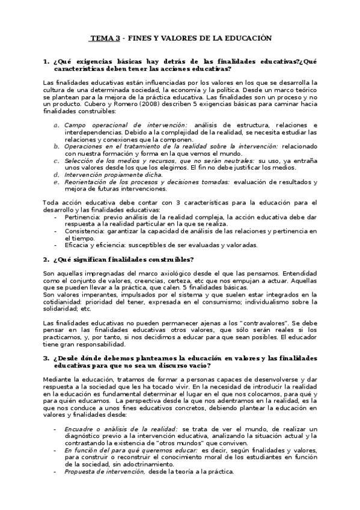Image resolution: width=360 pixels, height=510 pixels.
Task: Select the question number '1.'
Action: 46,62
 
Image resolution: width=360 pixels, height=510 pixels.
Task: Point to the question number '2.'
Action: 46,259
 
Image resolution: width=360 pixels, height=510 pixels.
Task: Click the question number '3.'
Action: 46,358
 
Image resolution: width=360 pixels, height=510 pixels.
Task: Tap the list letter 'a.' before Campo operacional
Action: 56,124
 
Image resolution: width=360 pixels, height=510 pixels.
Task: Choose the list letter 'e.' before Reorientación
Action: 56,182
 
